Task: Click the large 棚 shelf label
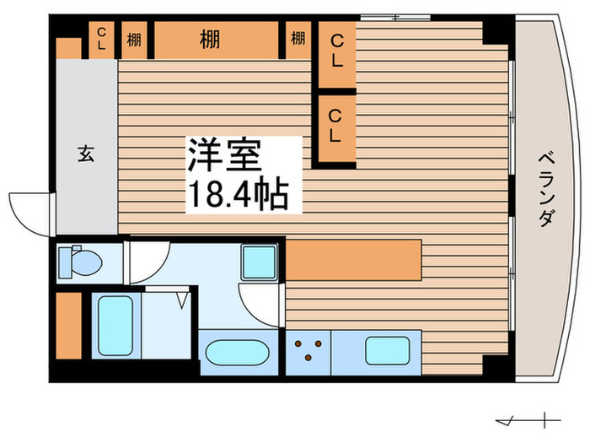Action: tap(211, 39)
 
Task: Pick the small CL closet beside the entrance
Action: tap(101, 39)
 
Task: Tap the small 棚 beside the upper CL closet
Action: tap(298, 39)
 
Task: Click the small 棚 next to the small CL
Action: tap(134, 39)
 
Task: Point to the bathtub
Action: tap(116, 325)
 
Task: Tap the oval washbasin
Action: tap(237, 352)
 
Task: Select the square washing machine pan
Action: tap(259, 261)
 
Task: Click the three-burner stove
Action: tap(308, 350)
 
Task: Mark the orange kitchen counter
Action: tap(353, 259)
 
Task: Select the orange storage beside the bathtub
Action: tap(68, 325)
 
